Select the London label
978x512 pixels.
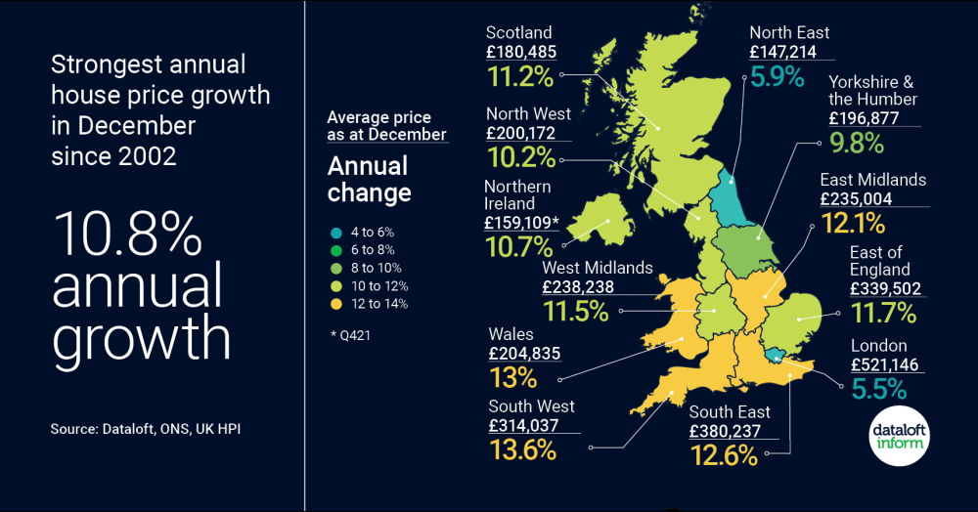[878, 346]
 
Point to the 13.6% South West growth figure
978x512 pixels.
[521, 449]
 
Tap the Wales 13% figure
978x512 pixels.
[513, 377]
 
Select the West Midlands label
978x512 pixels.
[597, 268]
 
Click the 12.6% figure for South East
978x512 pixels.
[724, 455]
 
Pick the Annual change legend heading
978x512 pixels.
[370, 179]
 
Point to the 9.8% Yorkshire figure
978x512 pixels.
[856, 143]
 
